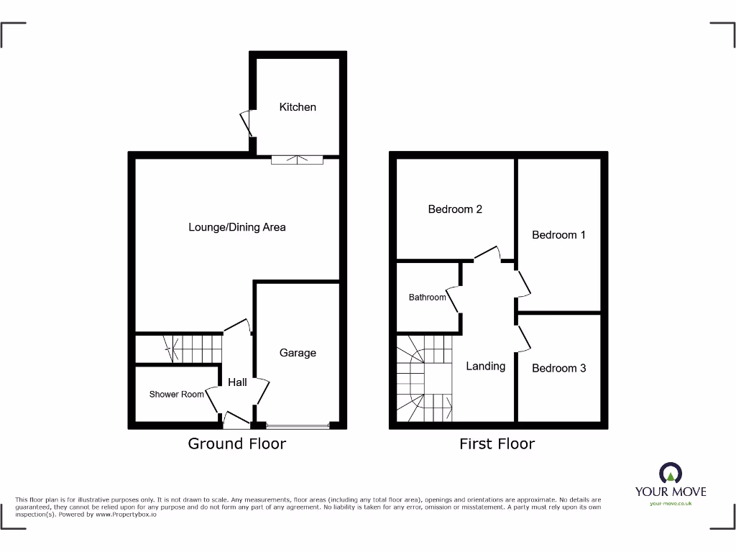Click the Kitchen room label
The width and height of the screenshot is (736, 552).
click(298, 107)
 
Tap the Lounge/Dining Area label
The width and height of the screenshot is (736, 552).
click(237, 227)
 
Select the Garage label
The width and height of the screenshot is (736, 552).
click(298, 353)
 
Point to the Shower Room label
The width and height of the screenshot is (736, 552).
click(177, 395)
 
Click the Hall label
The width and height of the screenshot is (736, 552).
click(237, 382)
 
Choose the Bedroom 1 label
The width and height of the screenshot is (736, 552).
click(558, 235)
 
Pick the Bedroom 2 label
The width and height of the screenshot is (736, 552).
click(455, 209)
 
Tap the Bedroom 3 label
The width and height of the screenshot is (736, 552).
click(558, 368)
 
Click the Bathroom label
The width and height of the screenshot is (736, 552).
click(427, 298)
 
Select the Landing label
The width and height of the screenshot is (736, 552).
click(486, 366)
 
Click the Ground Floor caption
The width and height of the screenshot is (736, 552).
click(236, 443)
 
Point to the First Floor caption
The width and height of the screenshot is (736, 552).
click(497, 443)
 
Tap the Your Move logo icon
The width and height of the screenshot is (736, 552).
click(670, 473)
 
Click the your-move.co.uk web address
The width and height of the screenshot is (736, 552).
click(670, 504)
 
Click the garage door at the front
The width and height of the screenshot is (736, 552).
click(298, 426)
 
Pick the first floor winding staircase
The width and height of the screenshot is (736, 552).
click(424, 379)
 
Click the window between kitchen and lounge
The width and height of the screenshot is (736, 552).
click(297, 160)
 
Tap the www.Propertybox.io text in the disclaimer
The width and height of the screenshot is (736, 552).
click(126, 515)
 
